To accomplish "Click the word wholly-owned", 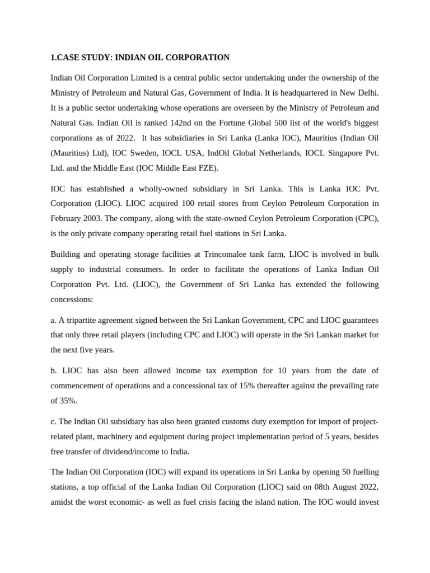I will pyautogui.click(x=153, y=188).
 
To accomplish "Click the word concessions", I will pyautogui.click(x=72, y=300).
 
